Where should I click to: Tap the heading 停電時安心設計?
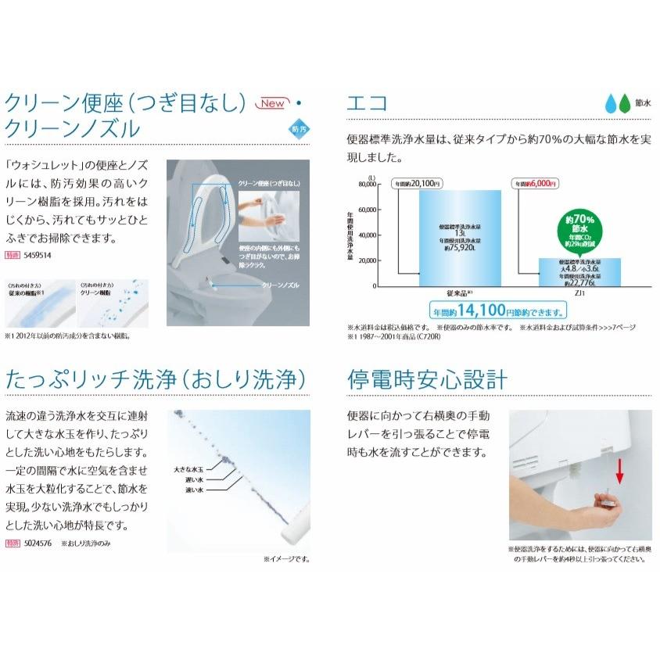[x=427, y=381]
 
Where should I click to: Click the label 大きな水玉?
[x=188, y=471]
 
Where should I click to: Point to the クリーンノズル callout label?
[x=278, y=286]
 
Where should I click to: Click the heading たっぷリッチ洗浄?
[x=155, y=381]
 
